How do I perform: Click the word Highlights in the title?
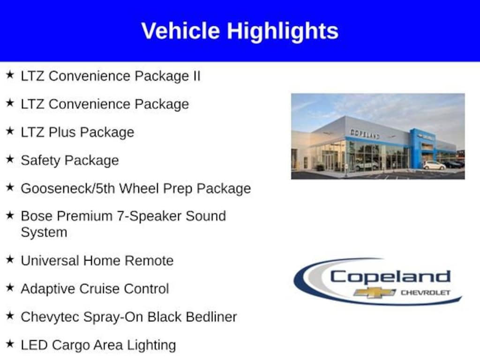click(x=283, y=31)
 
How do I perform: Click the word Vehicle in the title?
click(x=180, y=31)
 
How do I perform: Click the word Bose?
click(x=37, y=216)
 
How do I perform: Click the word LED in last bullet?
click(x=34, y=345)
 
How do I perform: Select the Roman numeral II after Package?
click(x=195, y=76)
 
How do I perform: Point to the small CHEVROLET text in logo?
click(x=425, y=292)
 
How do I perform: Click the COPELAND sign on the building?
click(x=365, y=134)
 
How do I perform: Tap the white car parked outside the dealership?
click(x=434, y=165)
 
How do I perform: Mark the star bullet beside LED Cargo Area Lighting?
click(x=10, y=344)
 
